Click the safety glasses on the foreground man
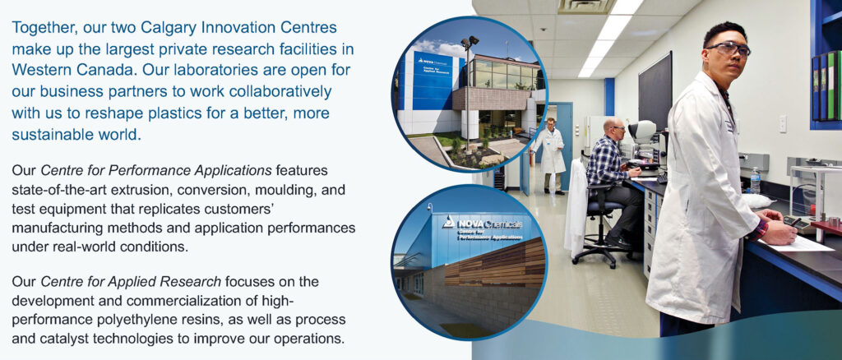[x=729, y=48]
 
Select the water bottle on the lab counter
[x=755, y=181]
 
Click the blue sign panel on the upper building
[x=433, y=81]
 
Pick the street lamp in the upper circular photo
[x=468, y=91]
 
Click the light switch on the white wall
[x=783, y=122]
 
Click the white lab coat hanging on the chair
[x=575, y=209]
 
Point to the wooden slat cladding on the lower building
[x=494, y=263]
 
